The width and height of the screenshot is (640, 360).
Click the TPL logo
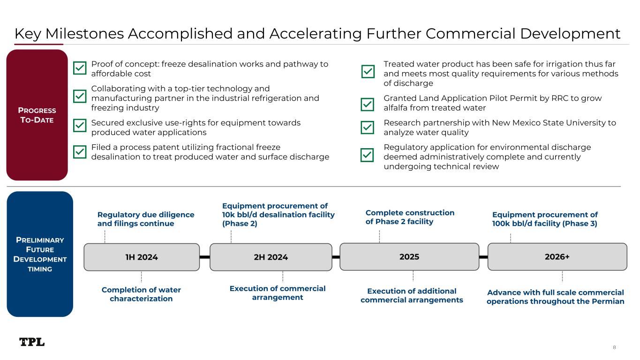(32, 342)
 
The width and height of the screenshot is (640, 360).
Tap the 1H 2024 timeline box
(142, 257)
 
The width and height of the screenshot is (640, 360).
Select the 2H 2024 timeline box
(271, 257)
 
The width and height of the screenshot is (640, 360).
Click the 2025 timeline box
(409, 257)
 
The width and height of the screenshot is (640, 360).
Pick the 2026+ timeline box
(557, 257)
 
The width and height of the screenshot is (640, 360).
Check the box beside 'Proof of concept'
(80, 69)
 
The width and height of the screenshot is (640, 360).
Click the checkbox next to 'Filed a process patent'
(80, 152)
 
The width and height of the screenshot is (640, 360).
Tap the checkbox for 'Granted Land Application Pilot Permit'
(368, 104)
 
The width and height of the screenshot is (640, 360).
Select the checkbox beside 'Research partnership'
(368, 127)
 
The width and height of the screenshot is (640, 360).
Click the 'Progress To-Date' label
(37, 115)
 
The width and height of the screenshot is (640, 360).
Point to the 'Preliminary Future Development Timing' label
(40, 255)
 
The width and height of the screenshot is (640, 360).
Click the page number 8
(614, 347)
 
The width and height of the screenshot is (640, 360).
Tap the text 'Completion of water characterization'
(141, 294)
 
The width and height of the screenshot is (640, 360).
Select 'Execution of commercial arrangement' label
(277, 293)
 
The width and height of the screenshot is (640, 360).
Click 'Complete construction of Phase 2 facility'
(409, 217)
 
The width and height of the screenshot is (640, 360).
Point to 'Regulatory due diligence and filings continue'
(145, 219)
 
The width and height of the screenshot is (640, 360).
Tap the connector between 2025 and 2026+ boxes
(483, 257)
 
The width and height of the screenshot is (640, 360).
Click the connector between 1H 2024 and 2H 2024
(204, 257)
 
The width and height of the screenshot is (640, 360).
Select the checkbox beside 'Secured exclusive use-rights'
(80, 126)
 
